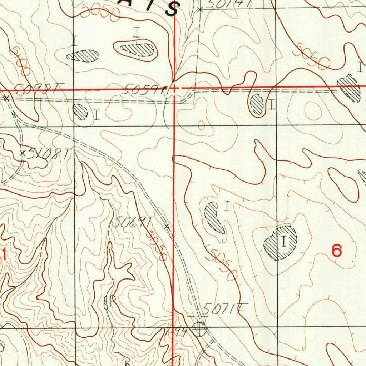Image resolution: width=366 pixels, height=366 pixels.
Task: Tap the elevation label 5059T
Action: pos(144,89)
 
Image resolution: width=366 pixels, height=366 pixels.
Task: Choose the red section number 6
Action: pos(337,251)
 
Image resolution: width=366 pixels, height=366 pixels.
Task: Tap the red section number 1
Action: pos(4,254)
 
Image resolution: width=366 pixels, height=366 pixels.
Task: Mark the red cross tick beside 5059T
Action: pos(174,88)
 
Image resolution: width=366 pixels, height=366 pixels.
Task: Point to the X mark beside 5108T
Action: pos(23,153)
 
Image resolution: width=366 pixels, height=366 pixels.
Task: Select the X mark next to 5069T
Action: pos(167,226)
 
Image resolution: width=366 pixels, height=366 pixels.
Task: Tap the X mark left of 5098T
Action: pos(6,97)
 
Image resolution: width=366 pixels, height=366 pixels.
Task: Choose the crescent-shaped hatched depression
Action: pos(214,217)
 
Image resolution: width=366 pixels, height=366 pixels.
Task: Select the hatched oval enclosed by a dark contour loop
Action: pos(138,49)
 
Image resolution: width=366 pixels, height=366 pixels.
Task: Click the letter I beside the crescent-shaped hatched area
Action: pos(226,206)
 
